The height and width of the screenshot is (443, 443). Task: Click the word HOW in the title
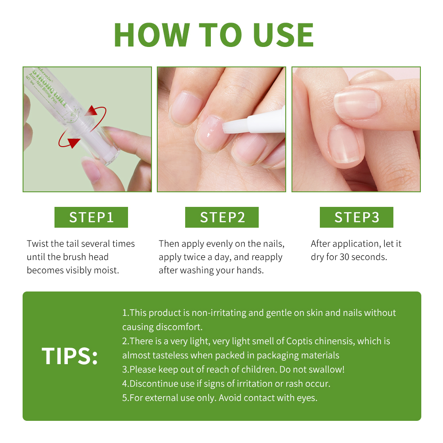(152, 35)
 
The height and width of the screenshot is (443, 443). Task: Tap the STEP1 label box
(91, 217)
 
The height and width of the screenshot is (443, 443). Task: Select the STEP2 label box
(222, 217)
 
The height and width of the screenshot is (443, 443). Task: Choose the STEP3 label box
(357, 217)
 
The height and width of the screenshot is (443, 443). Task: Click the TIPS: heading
(70, 356)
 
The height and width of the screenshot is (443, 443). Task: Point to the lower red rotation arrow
(68, 140)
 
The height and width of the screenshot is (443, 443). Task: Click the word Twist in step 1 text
(38, 244)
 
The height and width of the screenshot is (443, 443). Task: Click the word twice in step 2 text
(194, 257)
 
